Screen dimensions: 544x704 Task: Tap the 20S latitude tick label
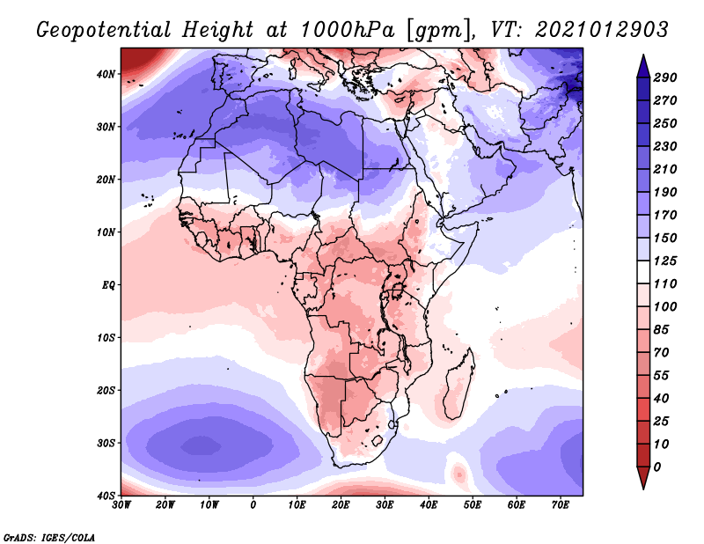click(x=106, y=390)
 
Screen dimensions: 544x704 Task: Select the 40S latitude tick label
click(x=106, y=495)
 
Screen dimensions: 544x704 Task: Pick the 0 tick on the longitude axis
click(x=253, y=504)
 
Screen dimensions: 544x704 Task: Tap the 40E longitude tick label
click(x=429, y=504)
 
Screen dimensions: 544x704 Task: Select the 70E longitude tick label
click(x=561, y=504)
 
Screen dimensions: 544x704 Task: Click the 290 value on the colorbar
click(x=664, y=78)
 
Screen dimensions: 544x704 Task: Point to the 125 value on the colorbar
click(x=664, y=261)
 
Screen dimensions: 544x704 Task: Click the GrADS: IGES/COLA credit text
click(x=49, y=535)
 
